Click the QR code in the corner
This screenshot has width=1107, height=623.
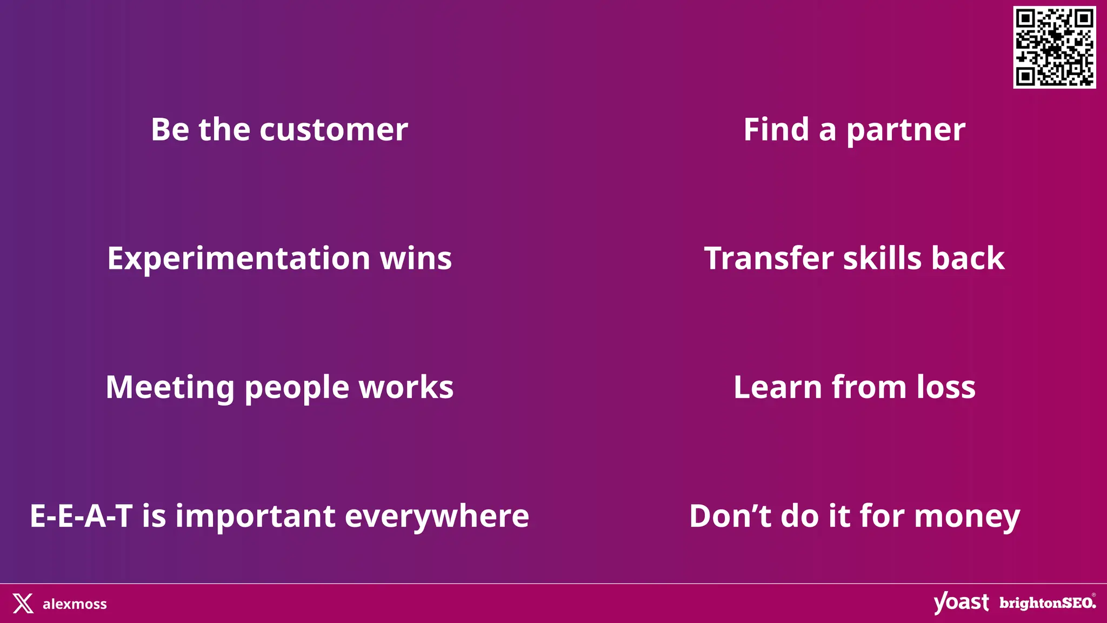1054,47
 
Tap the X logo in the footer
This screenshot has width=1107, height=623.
23,604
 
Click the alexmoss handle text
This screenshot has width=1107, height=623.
75,604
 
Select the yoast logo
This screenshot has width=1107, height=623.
961,602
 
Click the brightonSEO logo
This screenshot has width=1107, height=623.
1048,603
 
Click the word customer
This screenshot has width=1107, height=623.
334,130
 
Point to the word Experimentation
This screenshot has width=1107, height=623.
238,259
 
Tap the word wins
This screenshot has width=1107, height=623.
416,259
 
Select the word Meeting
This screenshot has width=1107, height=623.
170,388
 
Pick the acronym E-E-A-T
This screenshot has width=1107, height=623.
81,516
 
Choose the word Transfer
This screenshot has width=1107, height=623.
769,259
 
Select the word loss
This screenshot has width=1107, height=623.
946,388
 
